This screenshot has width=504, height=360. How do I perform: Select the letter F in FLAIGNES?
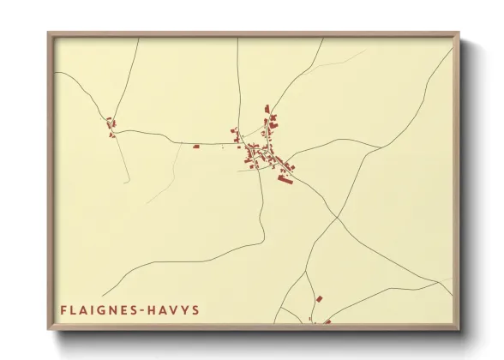64,309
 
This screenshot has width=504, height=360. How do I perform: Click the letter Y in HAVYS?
184,309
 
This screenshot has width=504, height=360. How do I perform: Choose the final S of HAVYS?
195,309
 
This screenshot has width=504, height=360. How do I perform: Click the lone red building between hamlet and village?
195,147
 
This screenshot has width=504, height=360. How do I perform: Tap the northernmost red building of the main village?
267,108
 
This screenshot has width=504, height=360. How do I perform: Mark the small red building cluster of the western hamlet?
111,128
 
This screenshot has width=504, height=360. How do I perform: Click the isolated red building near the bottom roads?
319,298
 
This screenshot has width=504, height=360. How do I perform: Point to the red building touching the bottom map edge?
327,322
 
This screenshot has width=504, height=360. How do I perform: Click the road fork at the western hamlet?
114,133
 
